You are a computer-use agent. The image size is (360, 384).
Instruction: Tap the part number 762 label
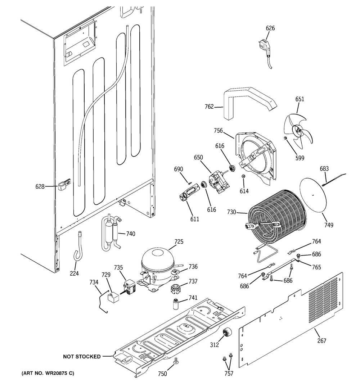pos(209,107)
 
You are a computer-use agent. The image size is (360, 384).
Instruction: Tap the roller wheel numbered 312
pos(226,333)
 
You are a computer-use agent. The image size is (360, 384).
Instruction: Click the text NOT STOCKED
pos(82,357)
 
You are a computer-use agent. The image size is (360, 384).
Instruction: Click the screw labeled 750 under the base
pos(176,361)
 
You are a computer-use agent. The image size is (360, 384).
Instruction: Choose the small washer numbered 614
pos(244,176)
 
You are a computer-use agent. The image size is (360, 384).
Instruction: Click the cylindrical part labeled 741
pos(176,304)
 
